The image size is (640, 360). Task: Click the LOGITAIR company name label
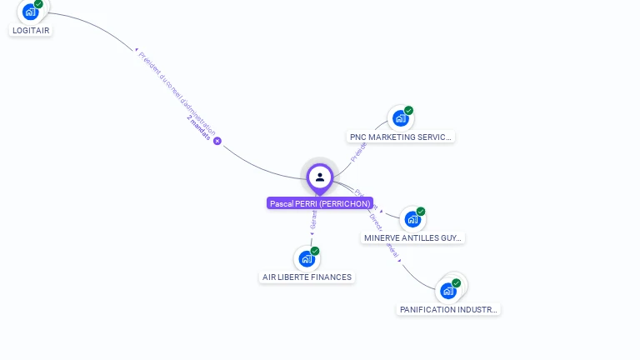point(31,31)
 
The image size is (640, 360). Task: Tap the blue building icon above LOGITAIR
point(31,12)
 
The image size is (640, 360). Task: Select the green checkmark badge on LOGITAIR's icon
point(39,4)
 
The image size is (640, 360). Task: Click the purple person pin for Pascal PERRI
point(320,177)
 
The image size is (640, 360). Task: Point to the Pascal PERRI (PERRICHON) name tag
point(320,203)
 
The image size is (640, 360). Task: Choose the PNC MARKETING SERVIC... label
point(401,137)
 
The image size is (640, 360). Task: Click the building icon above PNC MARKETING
point(401,118)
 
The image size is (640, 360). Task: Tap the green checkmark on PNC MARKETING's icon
point(409,111)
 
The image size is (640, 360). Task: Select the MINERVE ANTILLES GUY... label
point(412,237)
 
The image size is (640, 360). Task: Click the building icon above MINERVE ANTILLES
point(412,220)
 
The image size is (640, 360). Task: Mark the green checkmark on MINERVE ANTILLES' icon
point(421,212)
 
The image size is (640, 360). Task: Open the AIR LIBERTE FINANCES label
point(307,277)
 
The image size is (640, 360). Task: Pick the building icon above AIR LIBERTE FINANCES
point(307,258)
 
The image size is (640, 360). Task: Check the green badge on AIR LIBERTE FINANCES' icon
point(315,251)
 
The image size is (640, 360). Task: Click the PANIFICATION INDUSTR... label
point(448,309)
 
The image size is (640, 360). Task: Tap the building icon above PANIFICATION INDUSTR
point(448,291)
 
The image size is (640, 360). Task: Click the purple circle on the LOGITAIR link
point(217,141)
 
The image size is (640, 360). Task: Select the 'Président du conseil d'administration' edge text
point(177,92)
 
